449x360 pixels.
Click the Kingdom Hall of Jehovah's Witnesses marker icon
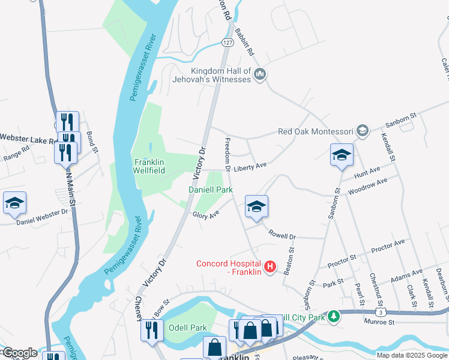click(260, 74)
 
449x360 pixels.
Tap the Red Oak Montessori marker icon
click(362, 131)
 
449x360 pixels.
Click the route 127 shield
click(227, 43)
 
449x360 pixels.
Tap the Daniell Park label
click(211, 190)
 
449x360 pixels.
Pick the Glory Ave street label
click(205, 214)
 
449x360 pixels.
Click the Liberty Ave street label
click(250, 166)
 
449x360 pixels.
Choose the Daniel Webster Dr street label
click(42, 213)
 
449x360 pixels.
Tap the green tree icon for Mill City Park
click(334, 316)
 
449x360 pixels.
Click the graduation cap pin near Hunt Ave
click(341, 155)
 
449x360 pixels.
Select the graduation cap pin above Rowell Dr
click(256, 207)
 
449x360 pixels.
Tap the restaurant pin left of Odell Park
click(151, 329)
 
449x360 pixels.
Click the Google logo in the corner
click(19, 353)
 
